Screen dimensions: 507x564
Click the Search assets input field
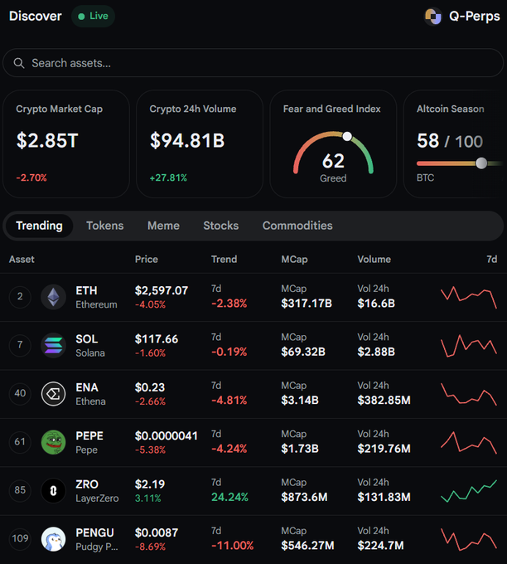(x=253, y=63)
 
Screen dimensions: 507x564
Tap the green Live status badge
(x=93, y=17)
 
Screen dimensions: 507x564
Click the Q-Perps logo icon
(x=433, y=17)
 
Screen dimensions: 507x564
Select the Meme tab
(x=163, y=226)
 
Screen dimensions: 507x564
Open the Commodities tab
(x=297, y=226)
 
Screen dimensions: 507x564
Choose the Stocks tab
(x=221, y=226)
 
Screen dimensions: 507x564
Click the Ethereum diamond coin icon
(x=54, y=297)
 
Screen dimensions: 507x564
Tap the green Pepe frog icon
(x=54, y=442)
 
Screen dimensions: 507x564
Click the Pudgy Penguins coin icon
(x=54, y=539)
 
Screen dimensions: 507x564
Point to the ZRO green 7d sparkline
(x=469, y=491)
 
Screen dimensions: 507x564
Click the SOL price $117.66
(x=157, y=339)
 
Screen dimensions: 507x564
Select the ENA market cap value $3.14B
(x=300, y=400)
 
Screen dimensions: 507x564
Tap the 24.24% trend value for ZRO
(x=229, y=497)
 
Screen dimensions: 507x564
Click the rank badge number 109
(x=20, y=538)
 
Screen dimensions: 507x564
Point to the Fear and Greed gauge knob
(x=347, y=136)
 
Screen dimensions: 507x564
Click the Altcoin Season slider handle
(x=481, y=163)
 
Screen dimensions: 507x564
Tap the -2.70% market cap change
(x=31, y=177)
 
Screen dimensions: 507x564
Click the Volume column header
(x=374, y=260)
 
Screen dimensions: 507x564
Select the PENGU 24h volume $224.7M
(x=380, y=545)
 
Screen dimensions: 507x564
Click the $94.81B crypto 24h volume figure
(x=187, y=140)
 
